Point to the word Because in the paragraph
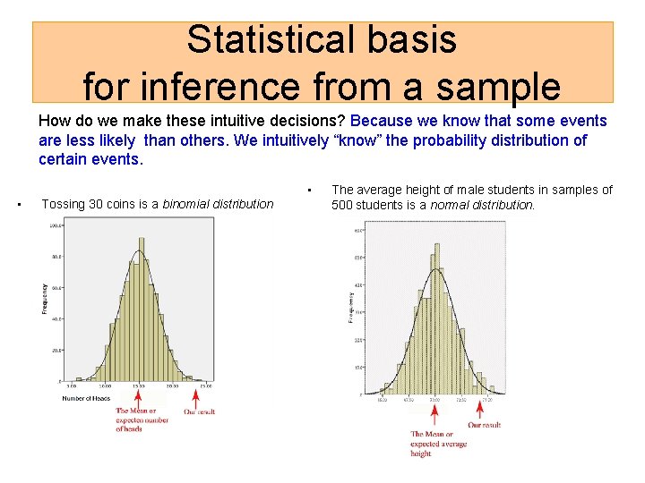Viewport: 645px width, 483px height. click(386, 121)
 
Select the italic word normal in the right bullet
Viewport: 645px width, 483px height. click(452, 204)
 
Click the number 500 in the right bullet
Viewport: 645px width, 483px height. click(344, 204)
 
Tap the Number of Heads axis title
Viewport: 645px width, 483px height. click(86, 398)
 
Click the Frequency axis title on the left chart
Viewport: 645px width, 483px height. click(45, 298)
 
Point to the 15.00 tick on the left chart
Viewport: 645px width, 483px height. click(140, 386)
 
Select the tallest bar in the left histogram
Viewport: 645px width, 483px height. click(141, 309)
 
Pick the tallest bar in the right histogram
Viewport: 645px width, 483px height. click(435, 318)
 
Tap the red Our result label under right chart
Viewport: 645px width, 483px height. click(484, 425)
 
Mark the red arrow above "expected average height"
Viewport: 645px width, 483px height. click(435, 413)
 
